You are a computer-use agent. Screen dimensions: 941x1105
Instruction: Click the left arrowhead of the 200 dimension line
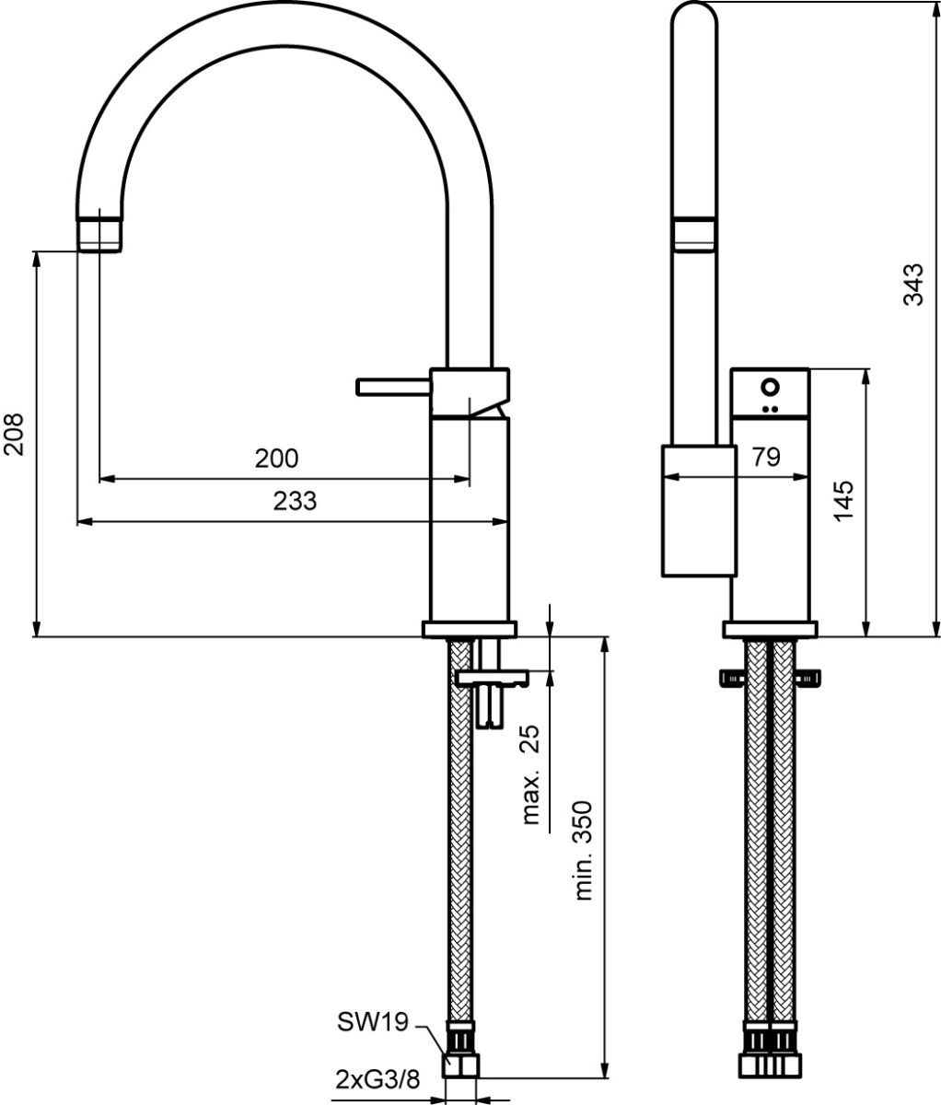click(x=107, y=478)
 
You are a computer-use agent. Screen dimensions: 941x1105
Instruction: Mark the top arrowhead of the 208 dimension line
click(x=36, y=259)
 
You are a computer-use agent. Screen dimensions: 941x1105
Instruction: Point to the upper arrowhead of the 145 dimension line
click(x=866, y=376)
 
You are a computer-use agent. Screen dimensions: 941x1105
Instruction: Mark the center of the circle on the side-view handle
click(x=771, y=387)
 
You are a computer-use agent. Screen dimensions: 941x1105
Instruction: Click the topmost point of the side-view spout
click(x=694, y=2)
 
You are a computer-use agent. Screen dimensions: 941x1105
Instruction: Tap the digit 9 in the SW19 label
click(x=400, y=1023)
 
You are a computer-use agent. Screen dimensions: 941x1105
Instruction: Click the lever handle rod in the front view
click(x=393, y=387)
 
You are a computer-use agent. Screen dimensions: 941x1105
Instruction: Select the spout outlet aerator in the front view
click(x=99, y=235)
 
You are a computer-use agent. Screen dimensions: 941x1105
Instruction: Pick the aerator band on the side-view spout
click(x=694, y=234)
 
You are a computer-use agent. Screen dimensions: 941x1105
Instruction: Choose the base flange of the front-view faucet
click(x=470, y=629)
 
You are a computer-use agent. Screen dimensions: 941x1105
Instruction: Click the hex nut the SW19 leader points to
click(x=460, y=1065)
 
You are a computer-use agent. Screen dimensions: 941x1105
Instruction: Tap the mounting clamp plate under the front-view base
click(x=492, y=678)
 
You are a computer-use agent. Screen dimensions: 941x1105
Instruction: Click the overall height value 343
click(x=912, y=285)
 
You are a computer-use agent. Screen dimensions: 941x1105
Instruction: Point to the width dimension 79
click(x=766, y=457)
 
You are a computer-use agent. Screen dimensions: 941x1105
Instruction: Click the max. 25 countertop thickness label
click(x=530, y=774)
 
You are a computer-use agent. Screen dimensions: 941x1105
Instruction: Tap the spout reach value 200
click(x=276, y=459)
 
